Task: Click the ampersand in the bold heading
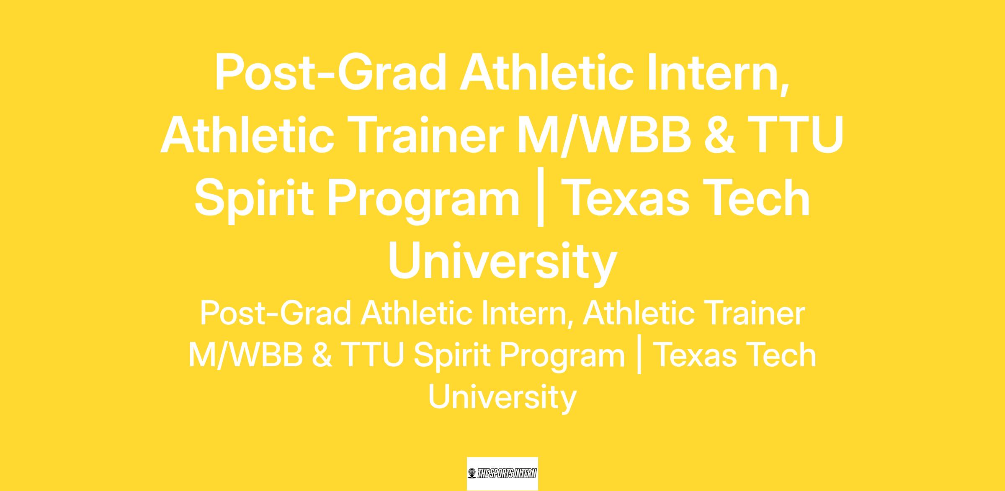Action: [x=719, y=135]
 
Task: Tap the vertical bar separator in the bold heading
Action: [x=541, y=197]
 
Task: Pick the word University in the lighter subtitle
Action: [x=502, y=396]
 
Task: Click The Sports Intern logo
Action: [x=502, y=473]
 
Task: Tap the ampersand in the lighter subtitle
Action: [x=322, y=355]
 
